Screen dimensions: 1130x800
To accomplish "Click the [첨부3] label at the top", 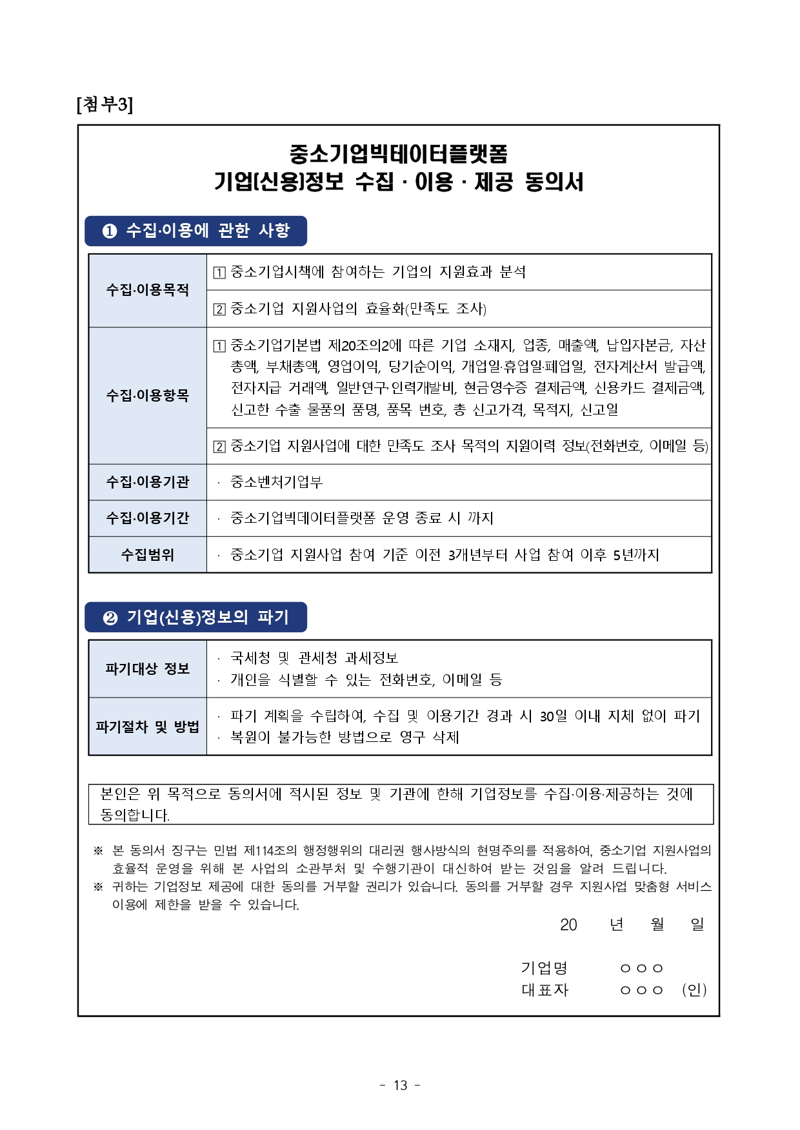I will [105, 104].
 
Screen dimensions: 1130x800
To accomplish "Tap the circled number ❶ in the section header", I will [110, 231].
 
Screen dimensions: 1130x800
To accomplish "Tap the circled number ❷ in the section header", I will [110, 618].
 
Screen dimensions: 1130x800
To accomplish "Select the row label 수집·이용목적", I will [147, 290].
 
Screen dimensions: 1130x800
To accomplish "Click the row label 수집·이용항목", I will [147, 395].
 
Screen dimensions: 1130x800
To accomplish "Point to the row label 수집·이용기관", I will [147, 482].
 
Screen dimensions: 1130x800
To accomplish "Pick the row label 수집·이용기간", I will [147, 518].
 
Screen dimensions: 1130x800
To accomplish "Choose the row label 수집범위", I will [147, 554].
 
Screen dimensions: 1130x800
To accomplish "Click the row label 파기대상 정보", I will [147, 668].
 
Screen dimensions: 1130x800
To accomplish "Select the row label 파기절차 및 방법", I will [147, 726].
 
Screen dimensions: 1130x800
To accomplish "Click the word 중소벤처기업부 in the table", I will [276, 482].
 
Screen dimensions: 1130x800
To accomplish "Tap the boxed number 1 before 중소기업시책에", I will [219, 273].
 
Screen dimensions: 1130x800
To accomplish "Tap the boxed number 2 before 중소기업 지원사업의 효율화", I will [219, 309].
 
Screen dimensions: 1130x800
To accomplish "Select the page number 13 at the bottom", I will [400, 1086].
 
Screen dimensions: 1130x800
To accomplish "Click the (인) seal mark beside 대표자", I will [694, 989].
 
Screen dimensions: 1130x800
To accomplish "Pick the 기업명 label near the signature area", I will [544, 968].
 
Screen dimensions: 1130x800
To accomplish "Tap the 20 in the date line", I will [568, 925].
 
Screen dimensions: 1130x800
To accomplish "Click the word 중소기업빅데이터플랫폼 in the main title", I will [399, 153].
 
